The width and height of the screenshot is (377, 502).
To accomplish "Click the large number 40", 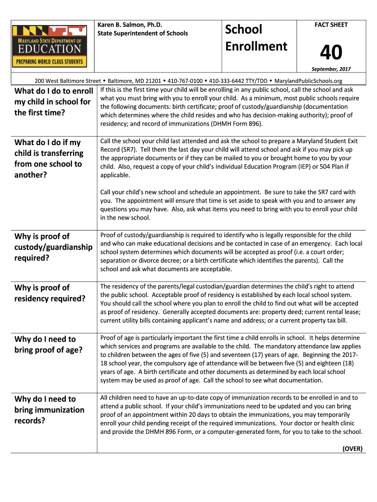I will tap(331, 53).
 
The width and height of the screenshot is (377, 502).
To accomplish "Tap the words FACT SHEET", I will tap(331, 25).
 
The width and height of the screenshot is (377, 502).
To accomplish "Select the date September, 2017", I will tap(331, 69).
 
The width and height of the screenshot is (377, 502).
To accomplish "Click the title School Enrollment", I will tap(256, 38).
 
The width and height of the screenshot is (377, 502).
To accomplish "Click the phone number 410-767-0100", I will tap(186, 81).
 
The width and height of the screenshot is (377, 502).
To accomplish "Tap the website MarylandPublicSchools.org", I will tap(308, 81).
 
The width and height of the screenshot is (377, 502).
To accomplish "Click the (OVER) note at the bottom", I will tap(352, 449).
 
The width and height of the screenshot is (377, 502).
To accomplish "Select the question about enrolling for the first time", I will tap(53, 102).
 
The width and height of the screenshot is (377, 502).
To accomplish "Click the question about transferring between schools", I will tap(48, 158).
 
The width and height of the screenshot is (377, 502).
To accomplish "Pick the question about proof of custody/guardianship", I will tap(53, 247).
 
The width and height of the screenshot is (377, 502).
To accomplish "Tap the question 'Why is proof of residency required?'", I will tap(49, 293).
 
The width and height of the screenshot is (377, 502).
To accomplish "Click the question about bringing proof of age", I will tap(48, 344).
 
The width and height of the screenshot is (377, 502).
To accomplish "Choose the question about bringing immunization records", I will tap(49, 409).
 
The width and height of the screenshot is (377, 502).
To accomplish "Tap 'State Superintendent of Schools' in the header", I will tap(142, 33).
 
